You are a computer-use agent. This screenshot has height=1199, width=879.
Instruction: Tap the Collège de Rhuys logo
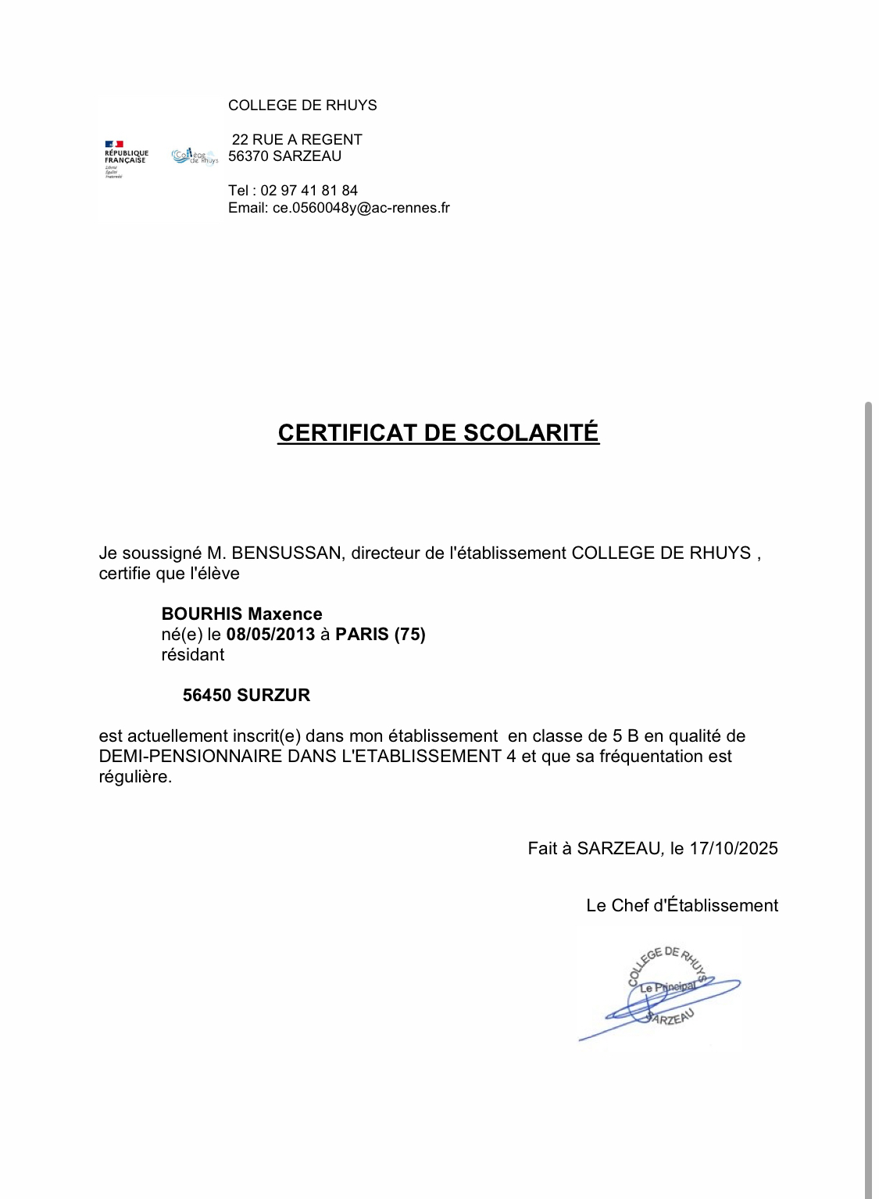pyautogui.click(x=195, y=156)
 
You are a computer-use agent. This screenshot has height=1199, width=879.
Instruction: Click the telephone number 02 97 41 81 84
pyautogui.click(x=309, y=191)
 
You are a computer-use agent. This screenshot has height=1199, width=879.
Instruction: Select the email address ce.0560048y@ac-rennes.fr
pyautogui.click(x=361, y=208)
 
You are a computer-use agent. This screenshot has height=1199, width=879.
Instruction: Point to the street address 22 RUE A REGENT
pyautogui.click(x=297, y=140)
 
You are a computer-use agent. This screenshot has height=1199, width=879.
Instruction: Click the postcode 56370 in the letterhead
pyautogui.click(x=248, y=156)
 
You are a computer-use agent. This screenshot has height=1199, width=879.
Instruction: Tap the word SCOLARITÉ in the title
pyautogui.click(x=531, y=433)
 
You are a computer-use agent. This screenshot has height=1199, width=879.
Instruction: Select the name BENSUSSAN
pyautogui.click(x=287, y=553)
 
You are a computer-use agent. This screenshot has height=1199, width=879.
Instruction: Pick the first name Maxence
pyautogui.click(x=285, y=614)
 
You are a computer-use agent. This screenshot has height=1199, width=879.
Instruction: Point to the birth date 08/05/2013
pyautogui.click(x=270, y=635)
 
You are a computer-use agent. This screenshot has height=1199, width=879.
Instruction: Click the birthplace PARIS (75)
pyautogui.click(x=381, y=635)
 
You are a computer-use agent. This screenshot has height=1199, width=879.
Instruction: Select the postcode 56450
pyautogui.click(x=207, y=696)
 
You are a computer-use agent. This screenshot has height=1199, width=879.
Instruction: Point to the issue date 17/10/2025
pyautogui.click(x=734, y=849)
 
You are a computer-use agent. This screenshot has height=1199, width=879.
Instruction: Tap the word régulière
pyautogui.click(x=135, y=777)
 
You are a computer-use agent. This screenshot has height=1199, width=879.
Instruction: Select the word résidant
pyautogui.click(x=193, y=655)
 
